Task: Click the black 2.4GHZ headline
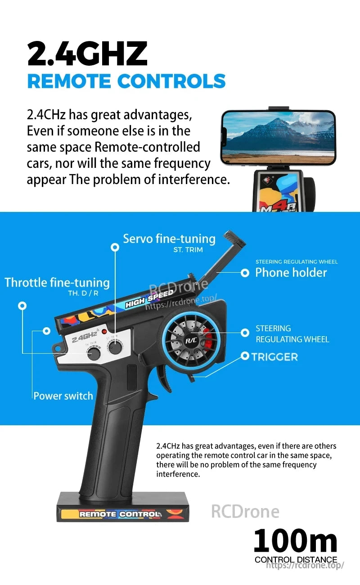87,54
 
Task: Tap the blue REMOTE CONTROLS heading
126,81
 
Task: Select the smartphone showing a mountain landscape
278,137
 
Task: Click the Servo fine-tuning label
169,238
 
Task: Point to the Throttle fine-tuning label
57,283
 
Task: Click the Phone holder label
291,272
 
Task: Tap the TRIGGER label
274,357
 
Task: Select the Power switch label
63,396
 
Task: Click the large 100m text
295,541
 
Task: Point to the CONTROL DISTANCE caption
296,560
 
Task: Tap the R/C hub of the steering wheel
191,341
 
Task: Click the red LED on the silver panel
104,332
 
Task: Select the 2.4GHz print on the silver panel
85,337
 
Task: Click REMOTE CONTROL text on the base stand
120,514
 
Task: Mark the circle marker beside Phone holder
245,273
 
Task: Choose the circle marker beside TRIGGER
245,356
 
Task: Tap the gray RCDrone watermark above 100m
245,512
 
